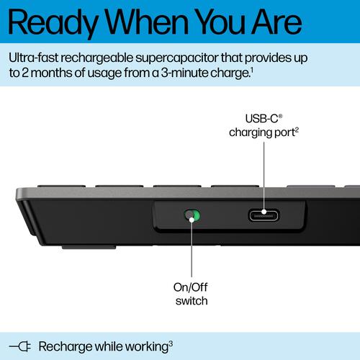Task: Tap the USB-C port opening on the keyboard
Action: click(264, 215)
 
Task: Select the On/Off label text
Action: click(192, 287)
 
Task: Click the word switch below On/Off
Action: click(192, 301)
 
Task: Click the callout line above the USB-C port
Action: click(264, 173)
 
